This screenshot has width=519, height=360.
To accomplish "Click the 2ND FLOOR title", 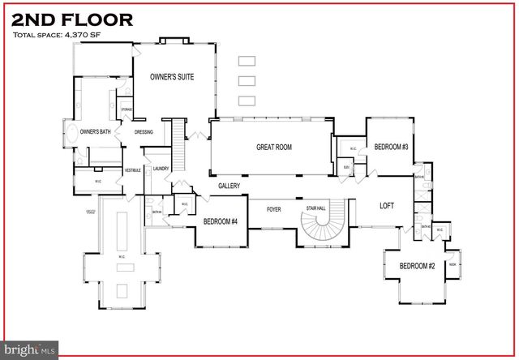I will pos(72,20).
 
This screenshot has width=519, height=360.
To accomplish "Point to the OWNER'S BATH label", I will pos(95,132).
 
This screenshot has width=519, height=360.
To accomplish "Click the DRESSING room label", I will pos(144,132).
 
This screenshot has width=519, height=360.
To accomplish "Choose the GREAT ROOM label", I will pos(274,147).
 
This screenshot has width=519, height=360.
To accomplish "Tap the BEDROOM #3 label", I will pos(391,147).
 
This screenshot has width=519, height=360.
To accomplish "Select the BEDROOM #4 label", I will pos(220,221).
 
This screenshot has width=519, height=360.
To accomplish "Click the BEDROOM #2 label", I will pos(417,267).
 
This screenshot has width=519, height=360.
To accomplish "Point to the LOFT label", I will pos(387,206).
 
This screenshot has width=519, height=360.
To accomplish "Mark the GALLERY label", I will pos(229,186).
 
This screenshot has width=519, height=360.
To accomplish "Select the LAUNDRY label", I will pos(160,169).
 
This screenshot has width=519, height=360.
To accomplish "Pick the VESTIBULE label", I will pos(133,169).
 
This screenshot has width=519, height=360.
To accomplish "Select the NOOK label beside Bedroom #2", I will pos(453,264).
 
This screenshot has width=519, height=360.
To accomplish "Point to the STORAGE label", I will pos(127,109).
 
